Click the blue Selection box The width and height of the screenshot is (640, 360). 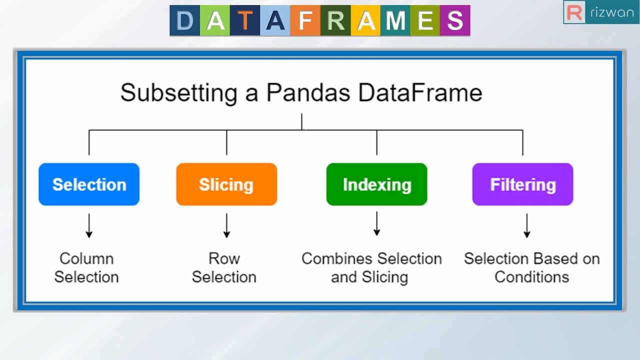89,184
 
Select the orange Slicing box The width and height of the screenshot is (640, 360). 226,184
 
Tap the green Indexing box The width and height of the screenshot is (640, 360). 376,184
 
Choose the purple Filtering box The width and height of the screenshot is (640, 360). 522,184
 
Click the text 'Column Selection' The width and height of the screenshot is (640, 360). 86,267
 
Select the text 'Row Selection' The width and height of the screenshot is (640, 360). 224,267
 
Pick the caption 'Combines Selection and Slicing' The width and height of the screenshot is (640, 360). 371,267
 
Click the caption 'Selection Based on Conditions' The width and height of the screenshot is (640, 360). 531,267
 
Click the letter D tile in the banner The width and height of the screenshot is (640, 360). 185,21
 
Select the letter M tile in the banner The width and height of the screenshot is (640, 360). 395,21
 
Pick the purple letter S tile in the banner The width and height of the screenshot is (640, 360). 455,21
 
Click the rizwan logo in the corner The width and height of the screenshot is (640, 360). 600,12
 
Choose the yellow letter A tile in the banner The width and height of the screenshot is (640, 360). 365,21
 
